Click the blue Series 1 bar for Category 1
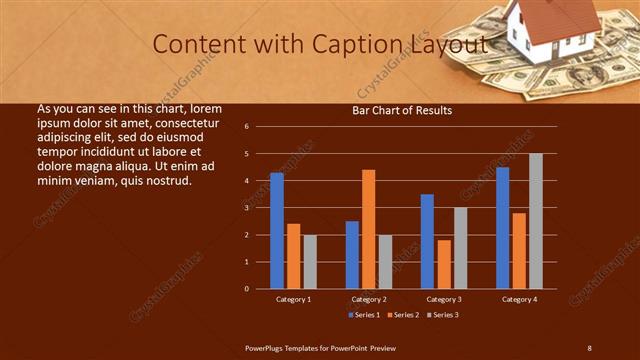point(277,231)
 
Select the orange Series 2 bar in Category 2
point(368,229)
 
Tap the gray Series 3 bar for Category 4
point(535,221)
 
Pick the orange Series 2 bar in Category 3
point(443,264)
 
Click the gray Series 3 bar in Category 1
point(310,262)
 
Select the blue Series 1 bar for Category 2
point(352,255)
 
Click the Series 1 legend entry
point(363,314)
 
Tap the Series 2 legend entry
point(403,314)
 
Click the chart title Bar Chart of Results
point(402,110)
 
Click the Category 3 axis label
point(443,299)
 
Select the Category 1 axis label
point(293,299)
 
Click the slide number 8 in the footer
point(589,347)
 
